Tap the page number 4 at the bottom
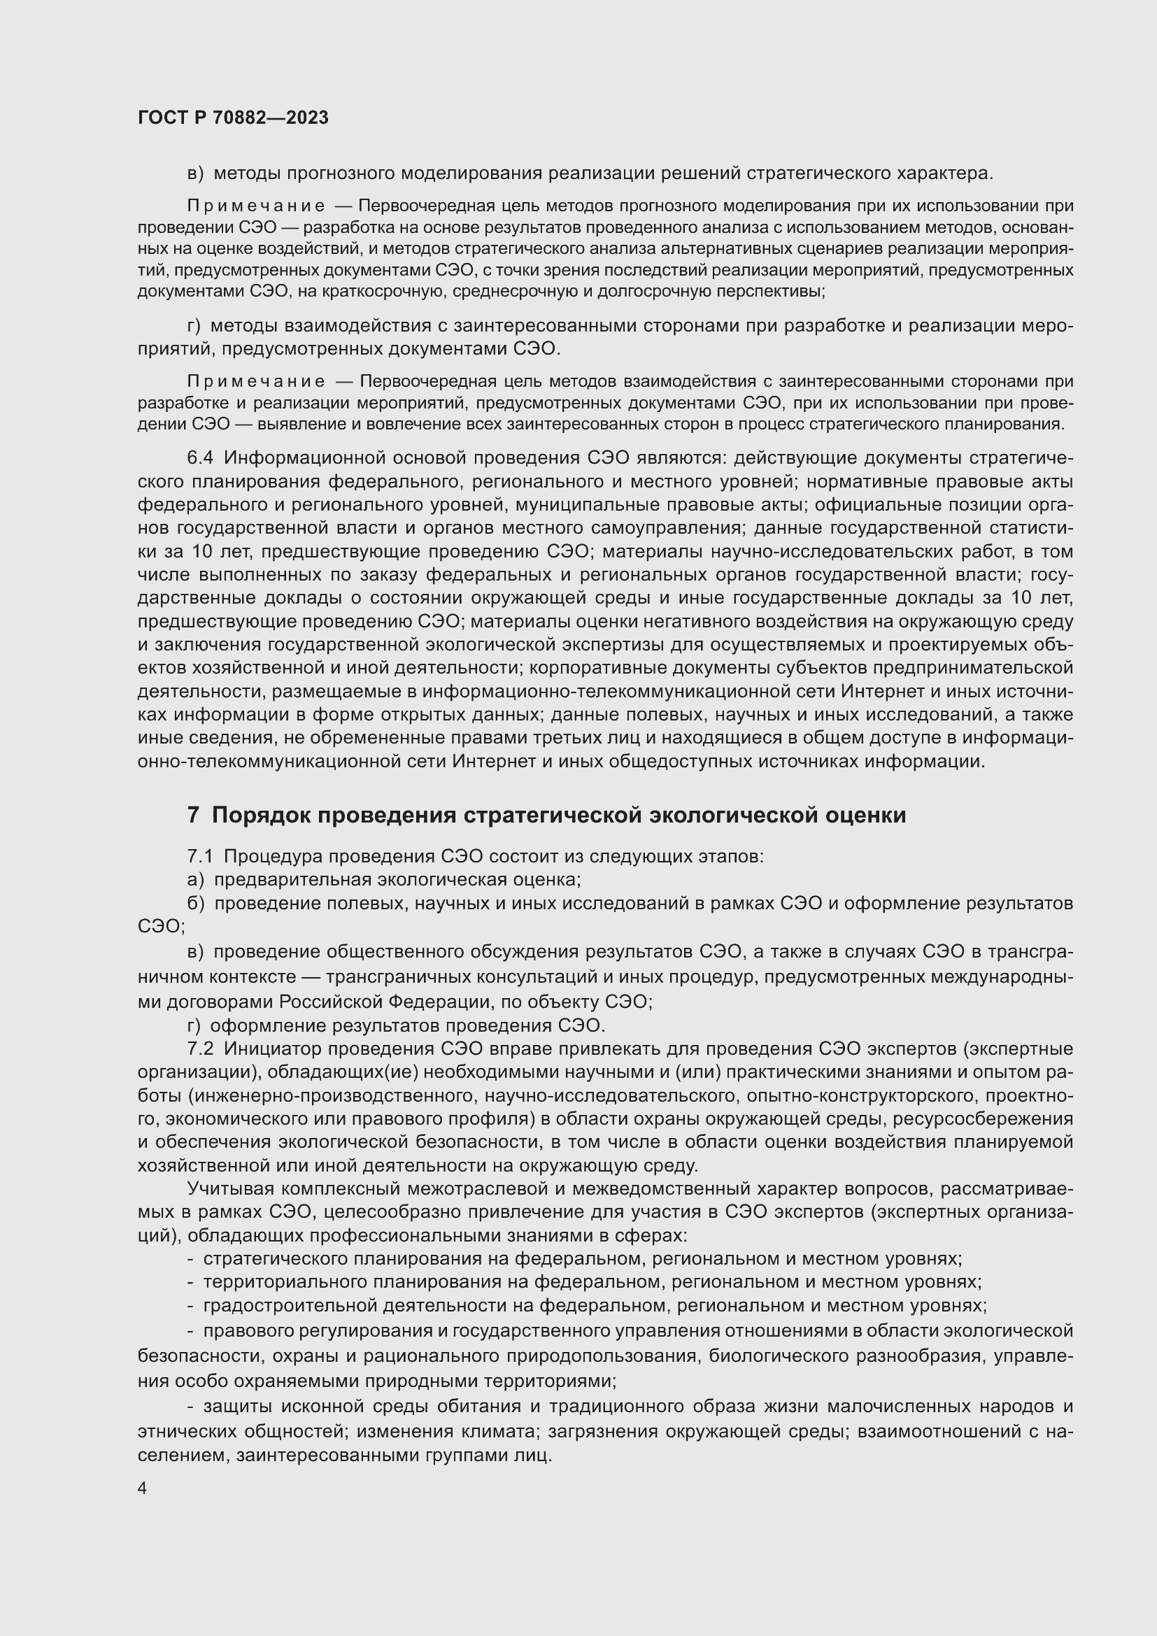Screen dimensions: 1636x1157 (x=142, y=1488)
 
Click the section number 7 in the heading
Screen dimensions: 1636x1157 (x=193, y=815)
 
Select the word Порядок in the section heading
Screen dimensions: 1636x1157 (x=260, y=815)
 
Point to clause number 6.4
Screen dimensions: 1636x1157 (x=200, y=457)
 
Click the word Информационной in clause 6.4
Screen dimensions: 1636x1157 (x=300, y=457)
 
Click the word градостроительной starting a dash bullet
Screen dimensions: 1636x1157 (x=290, y=1305)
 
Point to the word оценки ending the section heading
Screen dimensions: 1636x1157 (x=865, y=815)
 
